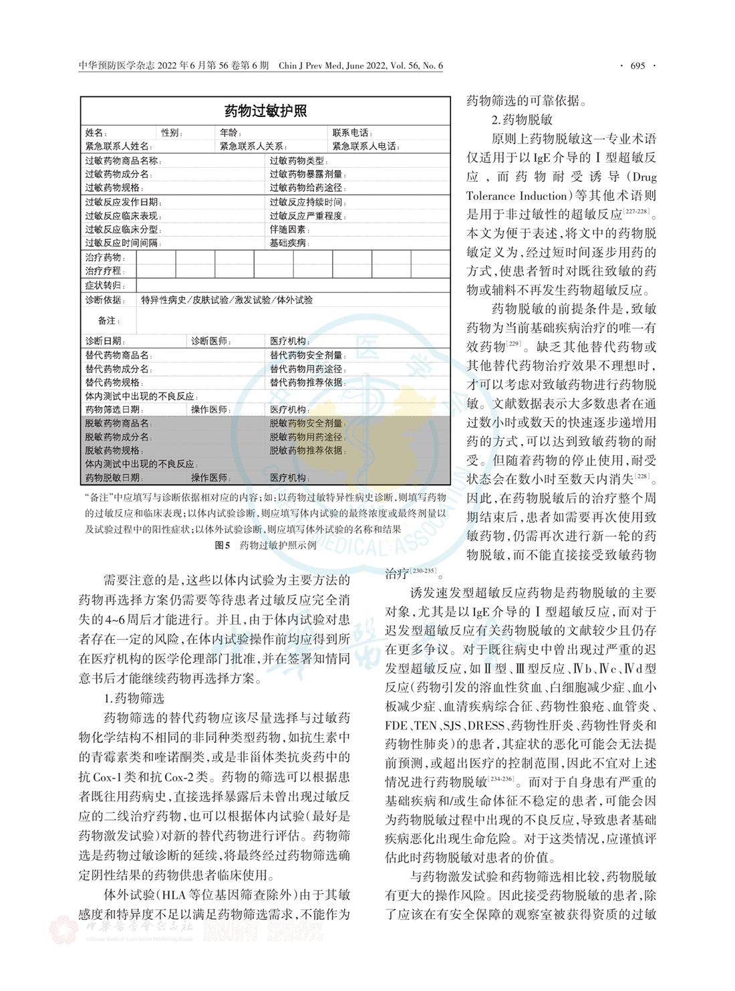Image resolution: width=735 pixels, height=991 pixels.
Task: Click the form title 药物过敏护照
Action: [x=265, y=111]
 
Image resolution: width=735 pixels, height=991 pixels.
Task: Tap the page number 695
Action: [x=637, y=66]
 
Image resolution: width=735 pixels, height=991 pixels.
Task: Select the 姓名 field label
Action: [x=96, y=133]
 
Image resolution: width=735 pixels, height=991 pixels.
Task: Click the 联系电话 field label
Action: [x=352, y=133]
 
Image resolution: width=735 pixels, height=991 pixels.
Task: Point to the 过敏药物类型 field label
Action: [x=297, y=160]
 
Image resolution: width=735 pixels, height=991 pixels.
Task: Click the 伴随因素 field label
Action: [x=288, y=229]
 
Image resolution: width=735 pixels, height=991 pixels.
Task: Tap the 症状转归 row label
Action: [x=104, y=286]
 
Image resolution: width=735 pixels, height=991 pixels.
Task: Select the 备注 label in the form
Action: [x=108, y=320]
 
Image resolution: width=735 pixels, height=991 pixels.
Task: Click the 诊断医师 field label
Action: [x=210, y=341]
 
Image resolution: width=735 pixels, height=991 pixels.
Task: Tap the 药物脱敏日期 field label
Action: [x=113, y=477]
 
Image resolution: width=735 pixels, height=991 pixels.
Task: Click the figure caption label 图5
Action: [x=223, y=545]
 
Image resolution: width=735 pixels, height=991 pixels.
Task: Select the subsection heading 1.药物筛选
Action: [x=134, y=698]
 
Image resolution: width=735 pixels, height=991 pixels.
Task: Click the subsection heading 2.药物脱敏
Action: [x=522, y=120]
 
